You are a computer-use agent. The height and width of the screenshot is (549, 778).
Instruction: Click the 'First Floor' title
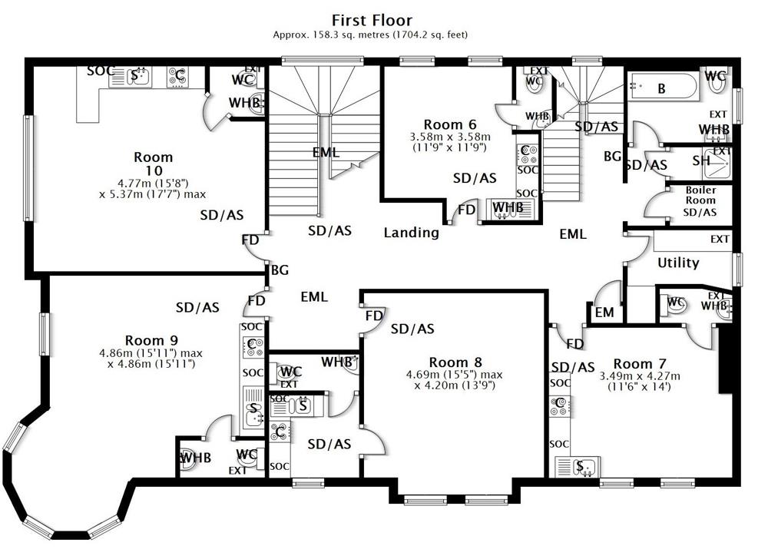pyautogui.click(x=372, y=20)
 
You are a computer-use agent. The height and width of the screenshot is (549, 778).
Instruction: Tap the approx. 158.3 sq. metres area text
pyautogui.click(x=371, y=35)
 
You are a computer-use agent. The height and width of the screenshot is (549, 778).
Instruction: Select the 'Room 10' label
pyautogui.click(x=153, y=163)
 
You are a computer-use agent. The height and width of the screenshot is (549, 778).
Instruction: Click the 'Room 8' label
pyautogui.click(x=455, y=362)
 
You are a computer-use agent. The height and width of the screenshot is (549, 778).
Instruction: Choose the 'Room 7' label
pyautogui.click(x=641, y=363)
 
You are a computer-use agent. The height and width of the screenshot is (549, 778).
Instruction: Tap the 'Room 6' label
pyautogui.click(x=450, y=124)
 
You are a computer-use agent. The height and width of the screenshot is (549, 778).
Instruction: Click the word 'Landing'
pyautogui.click(x=412, y=232)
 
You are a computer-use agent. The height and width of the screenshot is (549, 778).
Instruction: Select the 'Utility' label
pyautogui.click(x=678, y=263)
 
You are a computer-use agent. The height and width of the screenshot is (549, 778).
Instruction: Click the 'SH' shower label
pyautogui.click(x=701, y=160)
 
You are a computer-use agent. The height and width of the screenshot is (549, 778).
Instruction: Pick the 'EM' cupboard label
pyautogui.click(x=604, y=313)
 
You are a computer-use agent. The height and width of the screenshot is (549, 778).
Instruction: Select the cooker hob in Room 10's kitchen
pyautogui.click(x=178, y=76)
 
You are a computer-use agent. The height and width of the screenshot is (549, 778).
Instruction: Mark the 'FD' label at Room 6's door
pyautogui.click(x=466, y=210)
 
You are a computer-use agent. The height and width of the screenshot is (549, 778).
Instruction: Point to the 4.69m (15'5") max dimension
pyautogui.click(x=454, y=375)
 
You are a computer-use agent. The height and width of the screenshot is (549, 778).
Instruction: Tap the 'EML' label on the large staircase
pyautogui.click(x=326, y=152)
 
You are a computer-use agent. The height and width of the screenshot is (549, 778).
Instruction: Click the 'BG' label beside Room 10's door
pyautogui.click(x=280, y=270)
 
